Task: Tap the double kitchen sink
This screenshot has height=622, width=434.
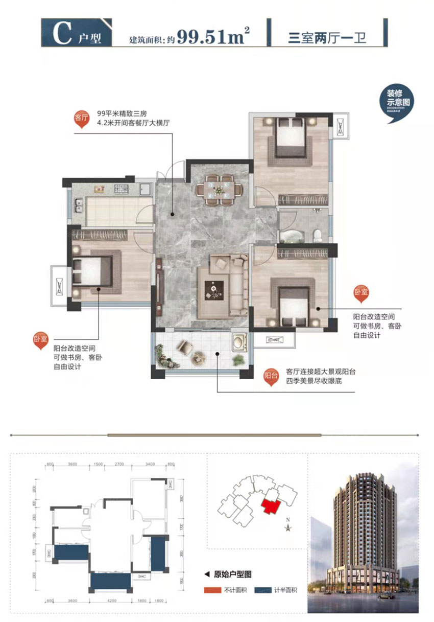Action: click(x=79, y=207)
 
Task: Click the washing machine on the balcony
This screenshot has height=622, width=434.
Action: click(x=238, y=342)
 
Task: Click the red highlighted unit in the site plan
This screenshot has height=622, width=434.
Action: click(x=270, y=508)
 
